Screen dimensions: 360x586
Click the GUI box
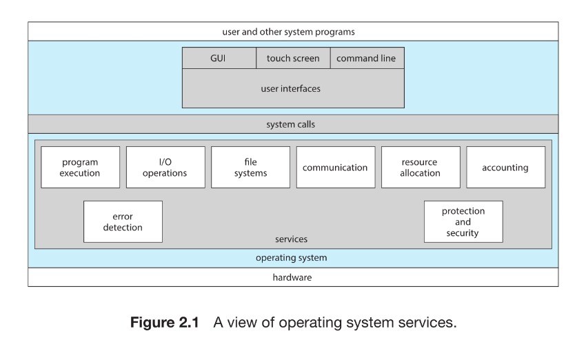tap(218, 59)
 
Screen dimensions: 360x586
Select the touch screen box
tap(293, 59)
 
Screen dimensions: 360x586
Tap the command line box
tap(366, 59)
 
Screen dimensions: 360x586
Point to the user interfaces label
tap(290, 89)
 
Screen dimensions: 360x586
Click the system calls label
tap(290, 125)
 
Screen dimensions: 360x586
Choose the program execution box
tap(80, 168)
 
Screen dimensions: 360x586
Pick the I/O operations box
tap(165, 168)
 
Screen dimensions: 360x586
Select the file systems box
tap(250, 168)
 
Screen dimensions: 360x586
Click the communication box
tap(335, 168)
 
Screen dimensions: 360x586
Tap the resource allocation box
tap(420, 168)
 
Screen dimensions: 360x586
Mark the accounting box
tap(505, 168)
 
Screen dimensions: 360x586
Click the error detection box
tap(123, 222)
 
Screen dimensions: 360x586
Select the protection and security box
tap(463, 222)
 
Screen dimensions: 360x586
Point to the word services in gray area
tap(290, 239)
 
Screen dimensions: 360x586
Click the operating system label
tap(291, 258)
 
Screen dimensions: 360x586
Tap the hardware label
tap(292, 277)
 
